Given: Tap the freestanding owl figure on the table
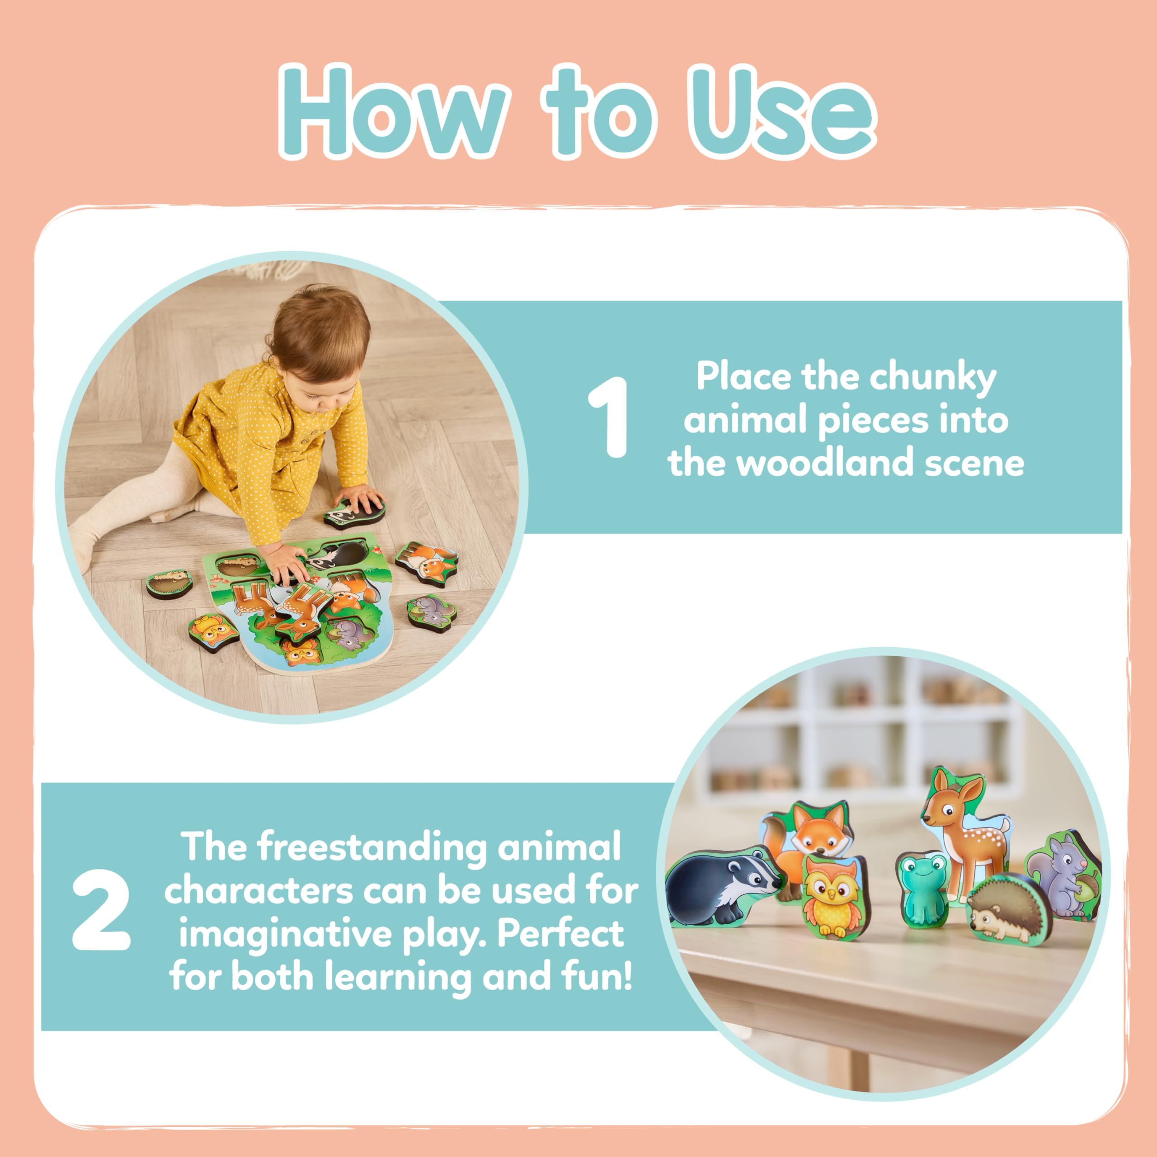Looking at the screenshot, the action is point(832,896).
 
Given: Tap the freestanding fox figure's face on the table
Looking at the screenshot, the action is point(819,831).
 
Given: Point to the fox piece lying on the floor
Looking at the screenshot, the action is point(426,563).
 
